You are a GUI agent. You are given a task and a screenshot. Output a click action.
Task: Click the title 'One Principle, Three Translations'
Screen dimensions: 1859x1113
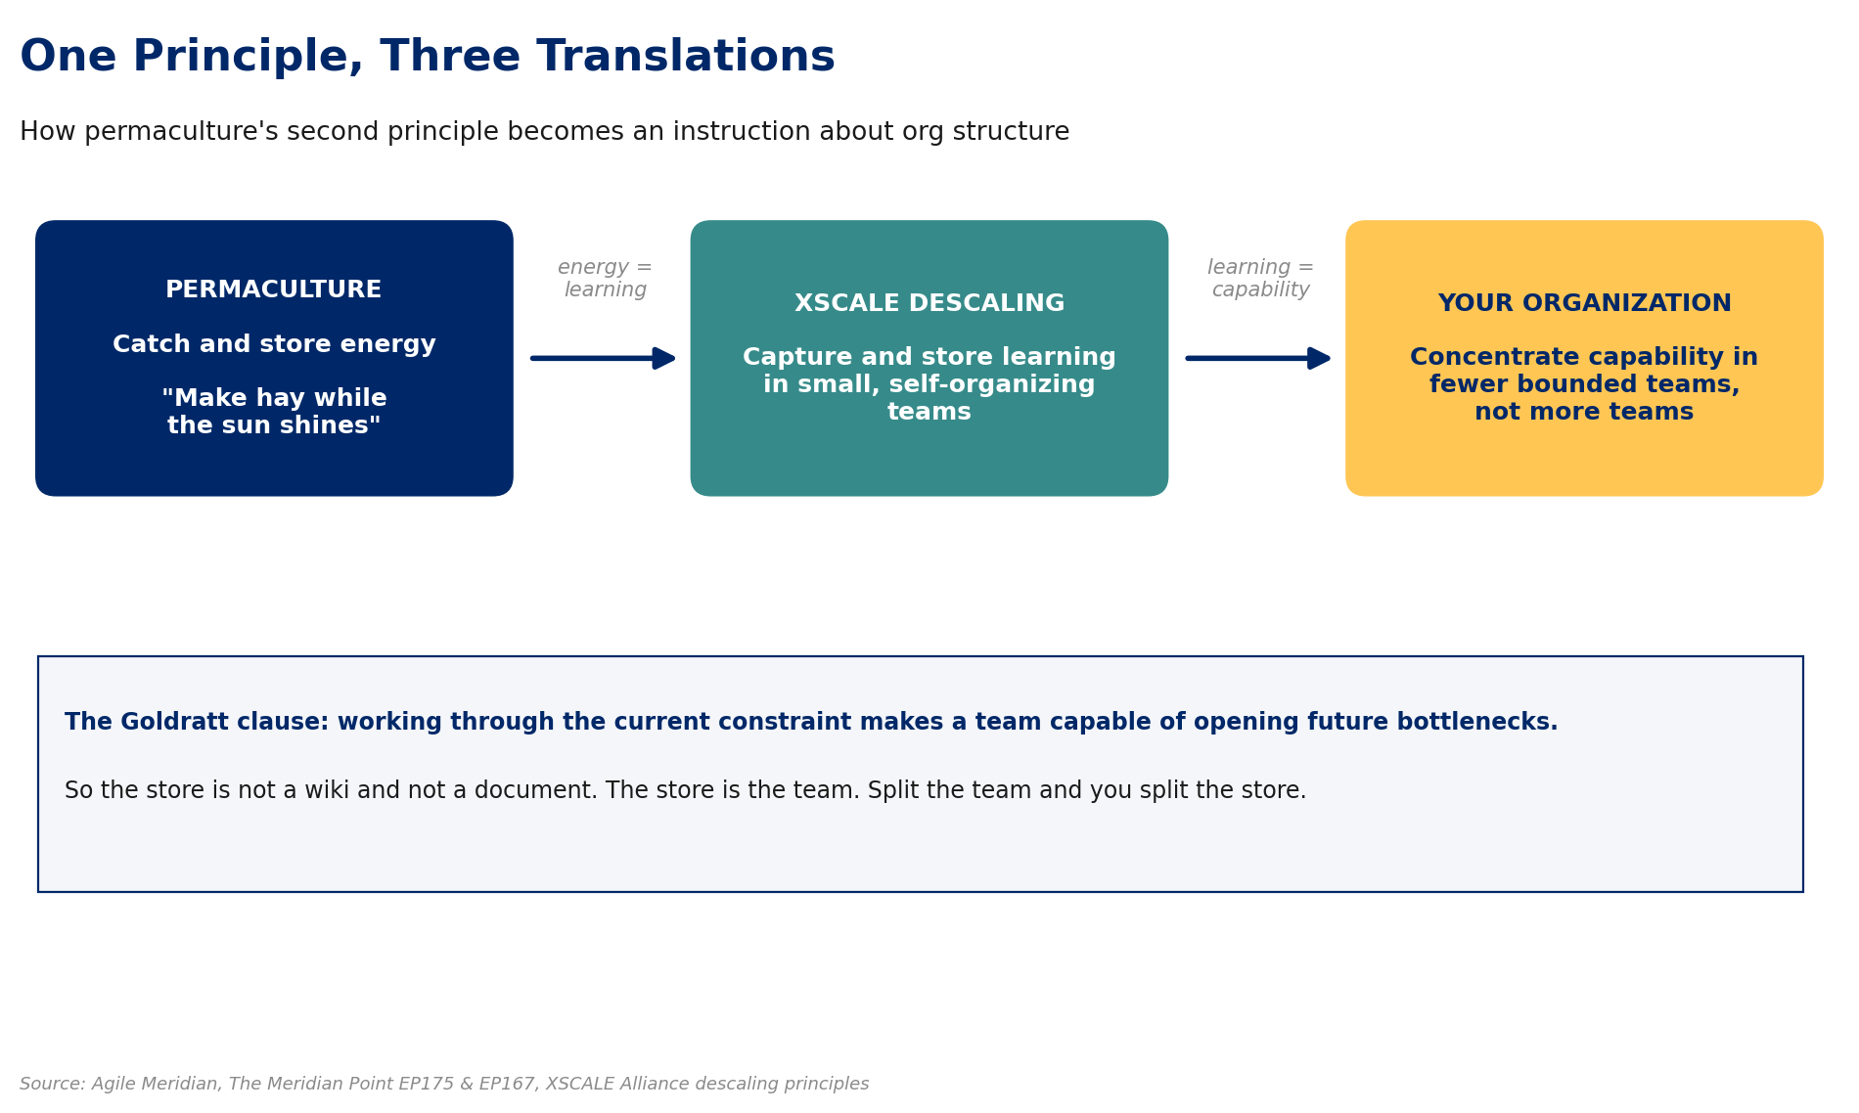(428, 57)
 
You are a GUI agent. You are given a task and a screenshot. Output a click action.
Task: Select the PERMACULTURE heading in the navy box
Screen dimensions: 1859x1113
(274, 290)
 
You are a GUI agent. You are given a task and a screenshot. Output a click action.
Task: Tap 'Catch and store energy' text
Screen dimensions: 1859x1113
(274, 345)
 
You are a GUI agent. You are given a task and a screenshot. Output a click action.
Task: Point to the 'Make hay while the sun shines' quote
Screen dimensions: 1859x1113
(274, 412)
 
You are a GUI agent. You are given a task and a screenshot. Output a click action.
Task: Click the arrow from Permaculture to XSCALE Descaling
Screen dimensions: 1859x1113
(603, 358)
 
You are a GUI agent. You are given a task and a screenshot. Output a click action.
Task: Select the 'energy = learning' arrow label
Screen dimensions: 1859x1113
(605, 279)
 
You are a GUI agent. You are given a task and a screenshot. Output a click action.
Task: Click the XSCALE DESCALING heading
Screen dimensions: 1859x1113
(929, 304)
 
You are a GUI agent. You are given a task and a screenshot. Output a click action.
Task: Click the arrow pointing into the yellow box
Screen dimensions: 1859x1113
(1258, 358)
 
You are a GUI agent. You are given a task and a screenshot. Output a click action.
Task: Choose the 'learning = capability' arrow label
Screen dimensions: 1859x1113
(1260, 279)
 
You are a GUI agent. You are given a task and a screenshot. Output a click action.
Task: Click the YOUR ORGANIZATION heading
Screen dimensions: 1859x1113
(1584, 304)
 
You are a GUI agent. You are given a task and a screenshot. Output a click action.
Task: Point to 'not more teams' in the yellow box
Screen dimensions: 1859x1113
(1584, 413)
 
